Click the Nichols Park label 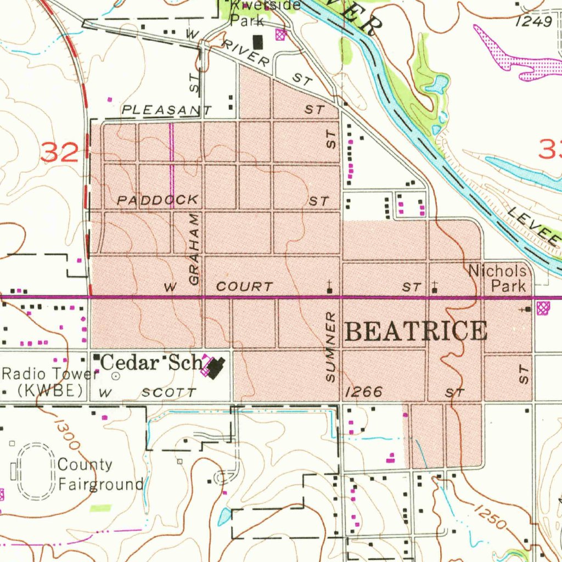(x=498, y=278)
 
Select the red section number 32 (x=59, y=151)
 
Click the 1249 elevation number (x=534, y=21)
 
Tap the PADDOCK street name (x=157, y=200)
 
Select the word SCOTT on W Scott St (x=168, y=392)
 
